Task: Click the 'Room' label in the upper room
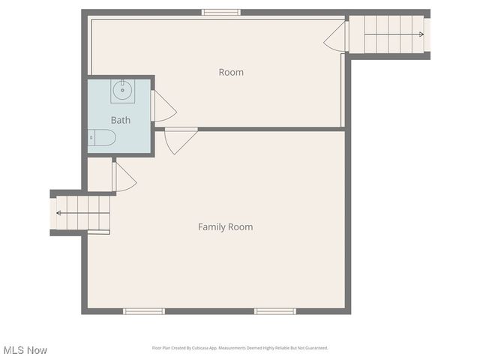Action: [x=231, y=72]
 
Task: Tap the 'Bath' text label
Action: [x=121, y=120]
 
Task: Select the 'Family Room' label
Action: [x=225, y=226]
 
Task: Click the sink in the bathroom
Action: [x=122, y=91]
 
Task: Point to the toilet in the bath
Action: [x=102, y=137]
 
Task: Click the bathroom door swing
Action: [x=163, y=107]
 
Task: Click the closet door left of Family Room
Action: [x=123, y=177]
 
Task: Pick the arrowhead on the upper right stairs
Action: [x=421, y=34]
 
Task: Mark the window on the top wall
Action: [x=221, y=12]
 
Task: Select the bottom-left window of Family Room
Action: [x=143, y=310]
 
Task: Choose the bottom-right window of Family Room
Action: [x=274, y=310]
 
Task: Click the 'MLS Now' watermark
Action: [x=25, y=350]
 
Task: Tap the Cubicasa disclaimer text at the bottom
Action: [x=240, y=348]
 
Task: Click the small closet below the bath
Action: [x=99, y=174]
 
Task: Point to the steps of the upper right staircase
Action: [x=386, y=34]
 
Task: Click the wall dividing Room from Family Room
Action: [x=270, y=129]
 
